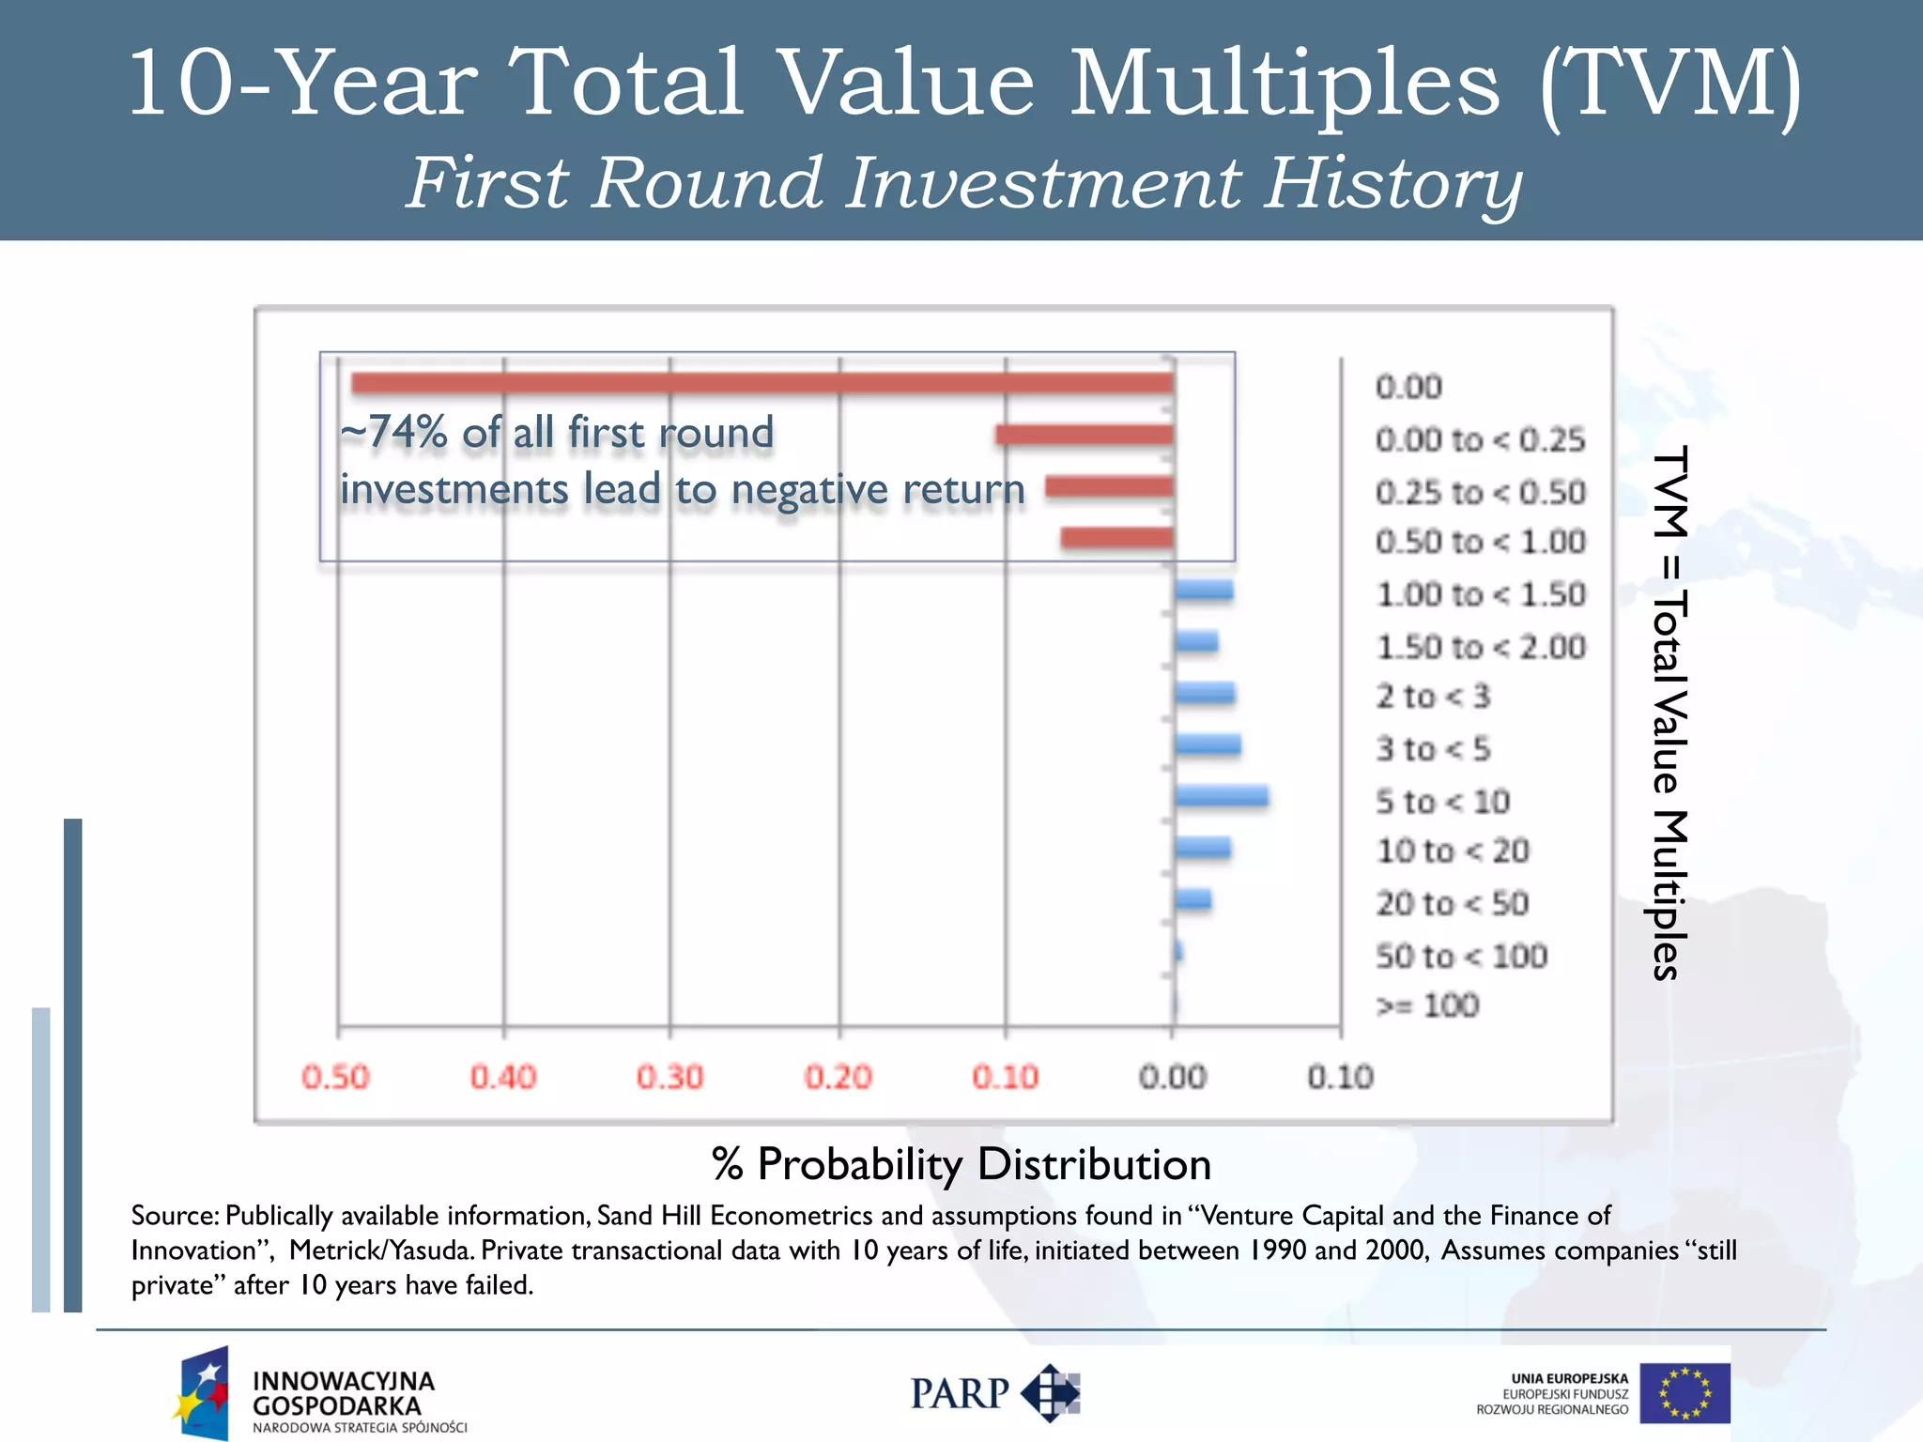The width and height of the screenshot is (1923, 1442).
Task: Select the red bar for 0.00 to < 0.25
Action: [x=1085, y=435]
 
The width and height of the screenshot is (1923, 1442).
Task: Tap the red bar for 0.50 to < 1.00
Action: [x=1116, y=538]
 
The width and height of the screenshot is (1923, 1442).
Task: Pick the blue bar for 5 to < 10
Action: [x=1221, y=797]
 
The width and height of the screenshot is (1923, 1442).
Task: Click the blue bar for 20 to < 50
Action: [x=1192, y=900]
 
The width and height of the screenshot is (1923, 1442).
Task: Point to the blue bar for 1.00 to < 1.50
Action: [x=1203, y=591]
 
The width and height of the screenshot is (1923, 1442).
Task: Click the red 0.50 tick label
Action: [x=335, y=1077]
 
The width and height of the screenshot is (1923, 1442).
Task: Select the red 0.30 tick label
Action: [x=669, y=1077]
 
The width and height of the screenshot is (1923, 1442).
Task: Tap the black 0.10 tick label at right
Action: [x=1340, y=1077]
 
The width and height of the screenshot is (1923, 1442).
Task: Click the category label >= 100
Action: [x=1427, y=1005]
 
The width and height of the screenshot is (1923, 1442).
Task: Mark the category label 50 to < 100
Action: [x=1461, y=957]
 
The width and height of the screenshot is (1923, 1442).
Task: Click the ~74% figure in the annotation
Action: [x=394, y=433]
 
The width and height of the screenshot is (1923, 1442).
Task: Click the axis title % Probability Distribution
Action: [x=961, y=1164]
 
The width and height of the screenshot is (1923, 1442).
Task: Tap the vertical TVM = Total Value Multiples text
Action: [x=1669, y=713]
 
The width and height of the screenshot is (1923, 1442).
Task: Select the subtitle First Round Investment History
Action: [x=963, y=182]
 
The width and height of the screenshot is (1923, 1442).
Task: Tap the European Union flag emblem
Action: [x=1685, y=1393]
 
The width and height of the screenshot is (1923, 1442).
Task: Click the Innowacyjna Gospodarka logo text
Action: [x=344, y=1393]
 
